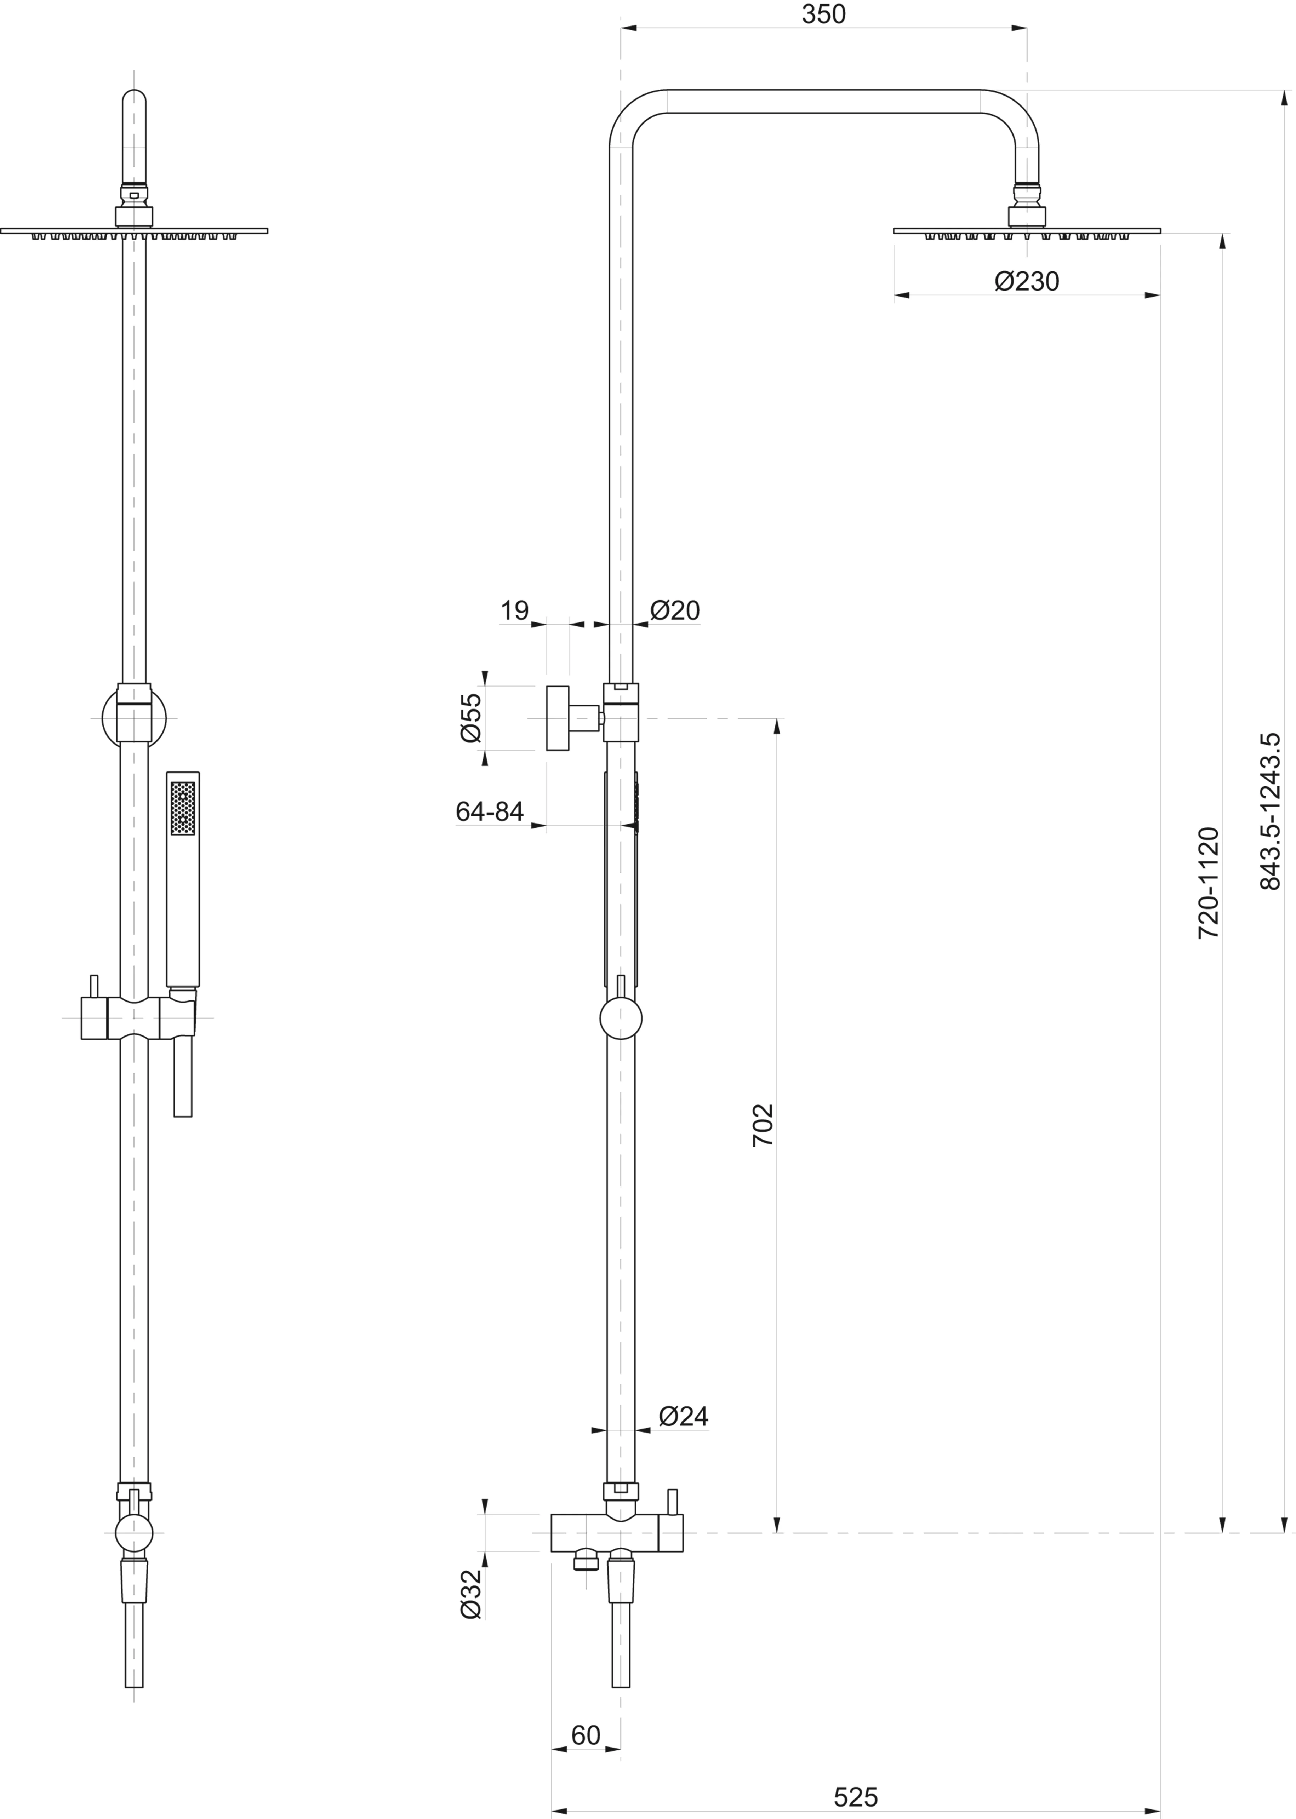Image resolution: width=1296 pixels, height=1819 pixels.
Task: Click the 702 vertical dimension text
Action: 763,1125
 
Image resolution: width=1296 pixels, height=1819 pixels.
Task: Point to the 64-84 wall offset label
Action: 489,811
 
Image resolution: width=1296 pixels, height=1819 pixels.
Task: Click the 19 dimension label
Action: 515,610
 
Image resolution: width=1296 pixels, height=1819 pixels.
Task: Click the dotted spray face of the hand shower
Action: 183,808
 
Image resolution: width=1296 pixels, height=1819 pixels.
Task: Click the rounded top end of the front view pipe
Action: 134,97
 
